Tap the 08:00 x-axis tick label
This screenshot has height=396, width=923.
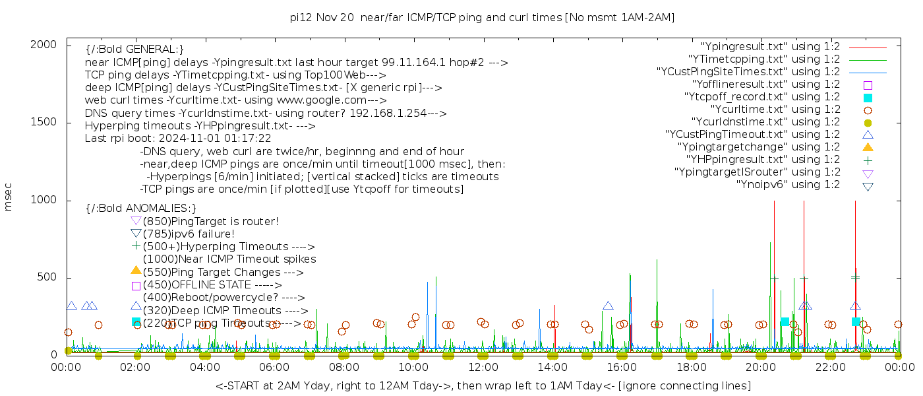pos(344,368)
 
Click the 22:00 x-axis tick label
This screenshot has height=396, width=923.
pos(829,368)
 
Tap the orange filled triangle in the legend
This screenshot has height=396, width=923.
pos(868,147)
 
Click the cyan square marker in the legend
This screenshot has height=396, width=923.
pos(868,98)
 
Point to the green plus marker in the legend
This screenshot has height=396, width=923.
pos(868,160)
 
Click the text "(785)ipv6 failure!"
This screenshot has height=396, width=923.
pos(189,234)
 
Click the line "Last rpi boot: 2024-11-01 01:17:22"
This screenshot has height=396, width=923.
pos(178,139)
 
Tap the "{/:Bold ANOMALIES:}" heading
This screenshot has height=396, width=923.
pos(141,209)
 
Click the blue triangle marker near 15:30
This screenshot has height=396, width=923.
pos(608,306)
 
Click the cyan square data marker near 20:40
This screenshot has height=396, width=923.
pos(785,321)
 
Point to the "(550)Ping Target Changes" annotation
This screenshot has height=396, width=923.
pos(223,272)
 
